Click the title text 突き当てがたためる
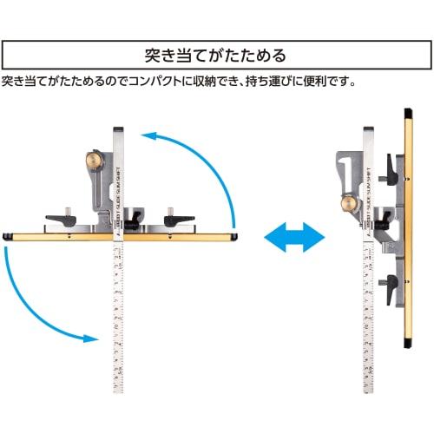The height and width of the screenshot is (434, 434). [216, 56]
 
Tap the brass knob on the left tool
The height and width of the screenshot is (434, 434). [92, 160]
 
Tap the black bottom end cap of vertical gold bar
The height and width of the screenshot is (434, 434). [408, 345]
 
